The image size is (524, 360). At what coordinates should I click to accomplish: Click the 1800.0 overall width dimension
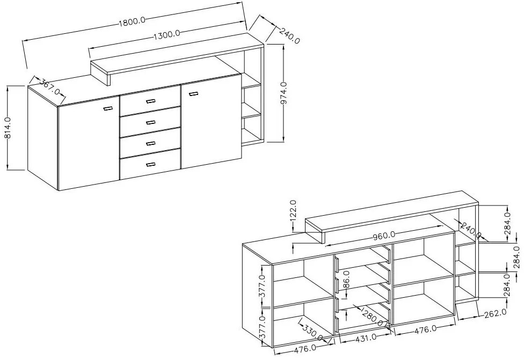tap(132, 21)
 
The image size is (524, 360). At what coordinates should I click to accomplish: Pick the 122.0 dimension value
tap(293, 211)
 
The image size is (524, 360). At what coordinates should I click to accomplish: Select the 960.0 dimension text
tap(383, 234)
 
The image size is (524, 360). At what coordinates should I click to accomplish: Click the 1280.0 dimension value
tap(372, 317)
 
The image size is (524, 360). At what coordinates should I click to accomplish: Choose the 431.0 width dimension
tap(365, 338)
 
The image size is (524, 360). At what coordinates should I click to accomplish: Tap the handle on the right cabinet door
tap(193, 94)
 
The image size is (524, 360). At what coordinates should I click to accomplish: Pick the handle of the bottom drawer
tap(150, 164)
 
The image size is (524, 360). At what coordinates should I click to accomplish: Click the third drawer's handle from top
tap(150, 143)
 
